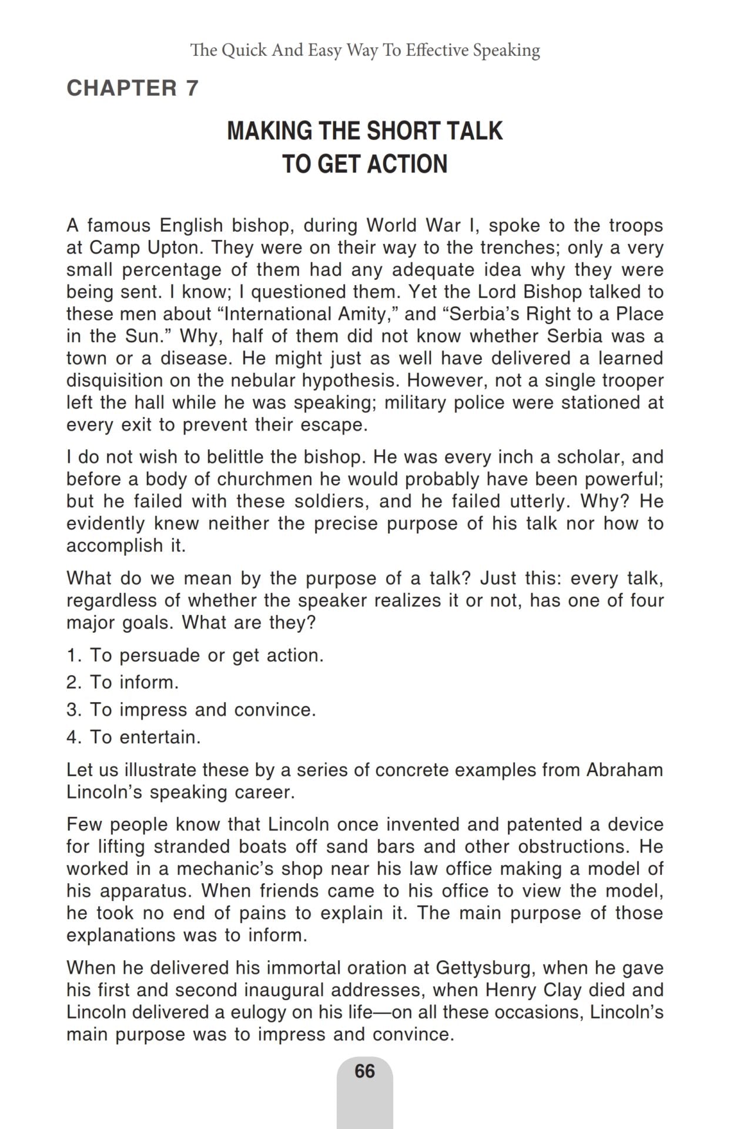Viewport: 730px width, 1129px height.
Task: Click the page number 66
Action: pos(364,1071)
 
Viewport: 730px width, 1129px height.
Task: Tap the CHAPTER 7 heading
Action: pos(133,88)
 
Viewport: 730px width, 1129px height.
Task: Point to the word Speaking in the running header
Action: pos(507,51)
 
